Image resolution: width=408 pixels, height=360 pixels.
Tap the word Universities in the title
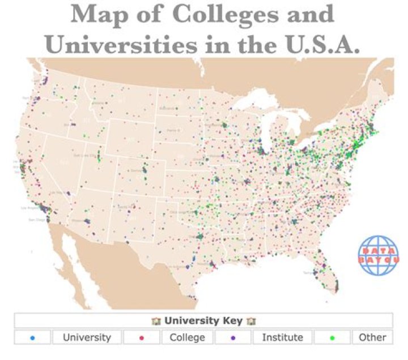(x=125, y=44)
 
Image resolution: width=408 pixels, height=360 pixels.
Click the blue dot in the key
(x=32, y=338)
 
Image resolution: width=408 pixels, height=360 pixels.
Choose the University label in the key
(x=87, y=338)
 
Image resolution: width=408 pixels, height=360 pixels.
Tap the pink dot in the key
(x=141, y=338)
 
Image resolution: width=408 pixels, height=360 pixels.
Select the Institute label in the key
(x=282, y=338)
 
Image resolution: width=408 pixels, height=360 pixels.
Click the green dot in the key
(x=332, y=338)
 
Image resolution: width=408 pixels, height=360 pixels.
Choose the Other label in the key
(x=372, y=338)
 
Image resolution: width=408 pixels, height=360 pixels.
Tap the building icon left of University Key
(x=156, y=321)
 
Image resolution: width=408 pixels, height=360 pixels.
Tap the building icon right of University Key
(x=251, y=321)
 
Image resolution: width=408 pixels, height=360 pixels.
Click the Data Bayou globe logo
(x=378, y=255)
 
